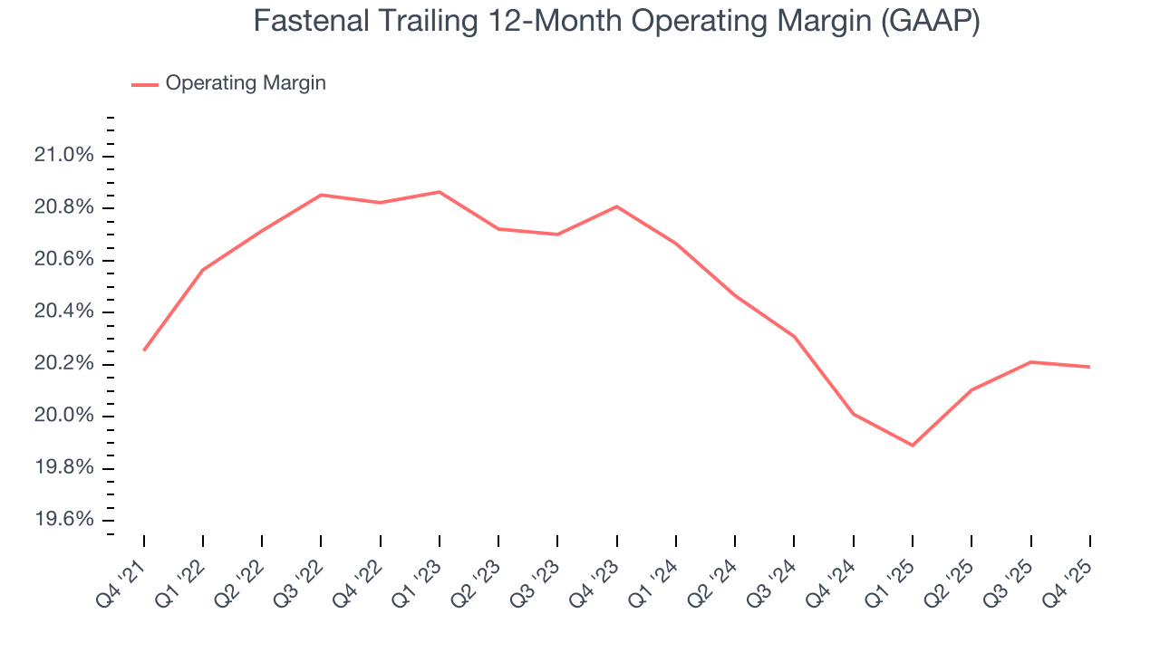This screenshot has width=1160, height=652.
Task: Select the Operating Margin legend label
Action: (x=246, y=83)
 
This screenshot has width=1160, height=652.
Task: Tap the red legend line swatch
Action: (x=145, y=84)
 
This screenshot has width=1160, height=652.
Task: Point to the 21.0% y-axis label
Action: (x=63, y=156)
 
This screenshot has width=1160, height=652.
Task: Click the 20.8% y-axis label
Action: (x=63, y=208)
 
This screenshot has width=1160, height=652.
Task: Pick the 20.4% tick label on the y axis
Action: (x=63, y=312)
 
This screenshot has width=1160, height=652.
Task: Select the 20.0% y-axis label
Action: (x=63, y=417)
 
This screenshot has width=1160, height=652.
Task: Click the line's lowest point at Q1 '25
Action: (x=913, y=446)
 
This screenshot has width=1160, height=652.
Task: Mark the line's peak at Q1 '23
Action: (x=440, y=192)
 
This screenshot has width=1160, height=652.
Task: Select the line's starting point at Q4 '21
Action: (x=144, y=350)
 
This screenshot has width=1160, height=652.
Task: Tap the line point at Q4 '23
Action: (x=617, y=206)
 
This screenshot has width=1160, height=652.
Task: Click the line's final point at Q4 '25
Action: (x=1089, y=367)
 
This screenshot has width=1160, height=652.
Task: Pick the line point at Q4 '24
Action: (x=854, y=414)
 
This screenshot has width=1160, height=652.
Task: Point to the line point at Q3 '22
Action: (x=322, y=195)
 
